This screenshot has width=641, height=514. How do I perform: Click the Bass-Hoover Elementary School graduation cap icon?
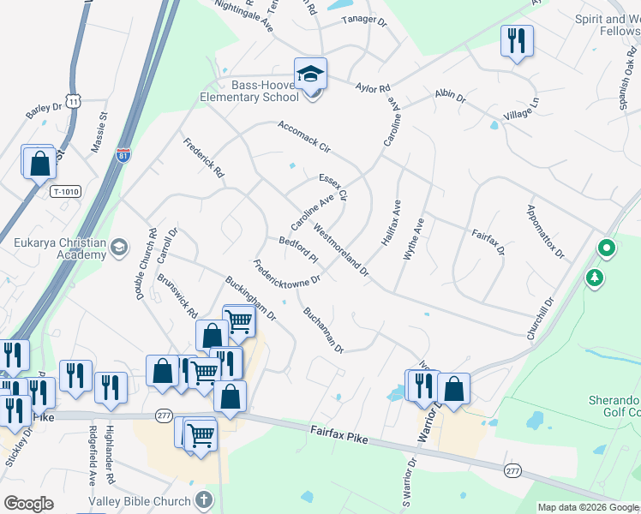311,74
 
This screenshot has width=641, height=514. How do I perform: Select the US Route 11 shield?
75,102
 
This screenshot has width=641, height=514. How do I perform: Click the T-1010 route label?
65,192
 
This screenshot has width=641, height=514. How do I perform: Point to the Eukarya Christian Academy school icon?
120,248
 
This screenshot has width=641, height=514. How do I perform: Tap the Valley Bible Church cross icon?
203,499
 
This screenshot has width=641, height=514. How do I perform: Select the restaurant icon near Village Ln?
517,41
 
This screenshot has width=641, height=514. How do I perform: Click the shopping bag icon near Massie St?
39,162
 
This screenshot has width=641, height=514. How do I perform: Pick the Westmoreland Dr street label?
340,251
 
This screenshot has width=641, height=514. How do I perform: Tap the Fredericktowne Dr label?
286,272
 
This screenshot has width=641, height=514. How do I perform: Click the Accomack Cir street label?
303,136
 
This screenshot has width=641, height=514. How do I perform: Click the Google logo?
28,504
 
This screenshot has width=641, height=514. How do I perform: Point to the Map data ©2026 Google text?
588,507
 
